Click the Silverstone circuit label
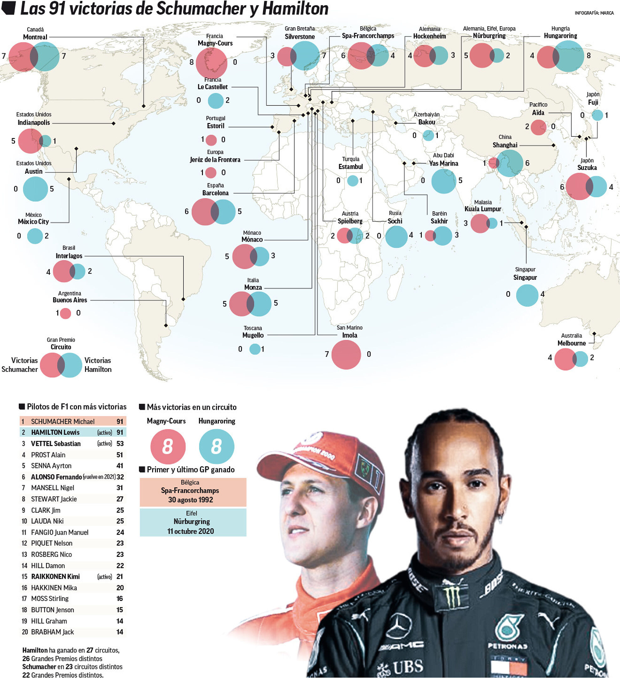pyautogui.click(x=299, y=37)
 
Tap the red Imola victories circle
pyautogui.click(x=346, y=354)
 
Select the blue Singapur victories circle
pyautogui.click(x=527, y=295)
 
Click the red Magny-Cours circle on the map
pyautogui.click(x=211, y=63)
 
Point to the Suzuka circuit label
pyautogui.click(x=587, y=167)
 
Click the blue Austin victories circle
pyautogui.click(x=35, y=189)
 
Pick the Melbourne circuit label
pyautogui.click(x=571, y=343)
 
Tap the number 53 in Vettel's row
pyautogui.click(x=120, y=444)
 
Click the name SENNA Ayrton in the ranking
pyautogui.click(x=51, y=466)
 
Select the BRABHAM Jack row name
pyautogui.click(x=52, y=632)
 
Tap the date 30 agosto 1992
pyautogui.click(x=190, y=500)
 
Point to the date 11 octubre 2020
pyautogui.click(x=190, y=531)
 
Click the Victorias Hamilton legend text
pyautogui.click(x=98, y=365)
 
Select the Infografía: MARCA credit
pyautogui.click(x=594, y=13)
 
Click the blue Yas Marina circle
pyautogui.click(x=443, y=181)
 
